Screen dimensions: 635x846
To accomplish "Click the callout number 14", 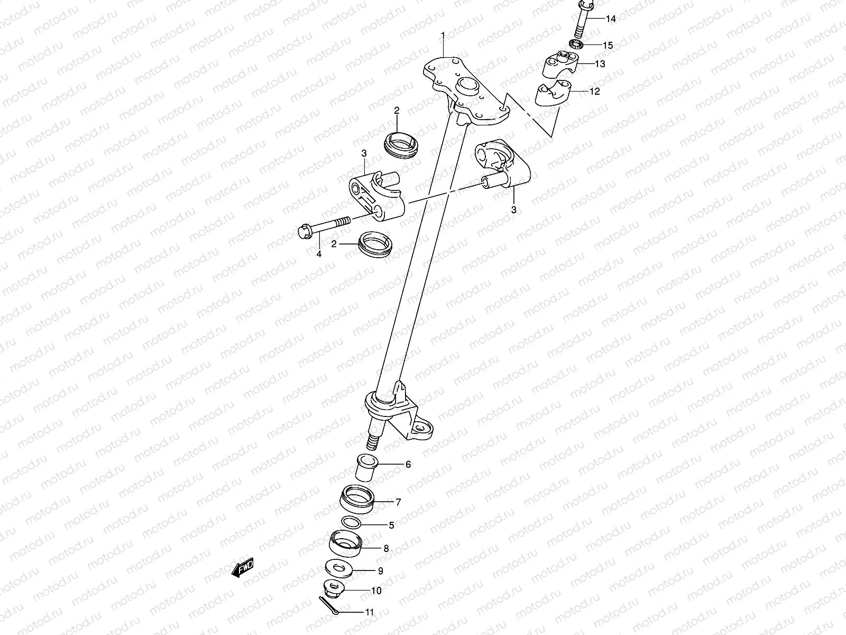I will [596, 19].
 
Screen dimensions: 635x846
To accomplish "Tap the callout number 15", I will [608, 46].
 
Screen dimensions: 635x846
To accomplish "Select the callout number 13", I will [600, 65].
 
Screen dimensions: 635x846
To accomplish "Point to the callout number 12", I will [595, 92].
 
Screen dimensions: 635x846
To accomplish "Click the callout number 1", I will [443, 36].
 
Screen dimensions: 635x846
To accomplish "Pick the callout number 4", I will [319, 255].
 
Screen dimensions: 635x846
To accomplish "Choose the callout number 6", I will [408, 465].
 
